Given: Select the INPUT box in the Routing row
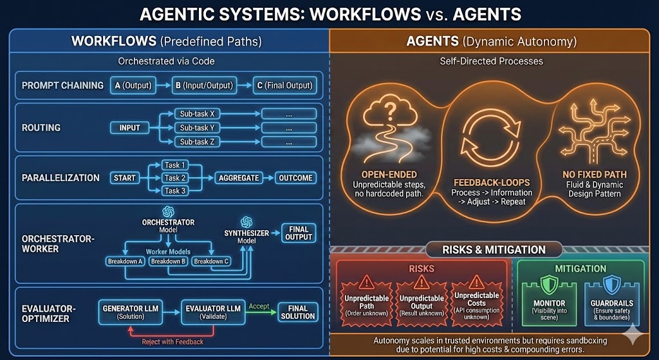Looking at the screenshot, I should pyautogui.click(x=129, y=128).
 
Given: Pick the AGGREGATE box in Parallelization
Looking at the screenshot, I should pyautogui.click(x=238, y=178).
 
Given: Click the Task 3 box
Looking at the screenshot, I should pyautogui.click(x=175, y=191).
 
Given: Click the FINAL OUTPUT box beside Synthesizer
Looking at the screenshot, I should pyautogui.click(x=299, y=232).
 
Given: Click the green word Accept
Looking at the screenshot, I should pyautogui.click(x=258, y=307).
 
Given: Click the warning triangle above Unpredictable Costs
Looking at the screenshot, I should pyautogui.click(x=477, y=281).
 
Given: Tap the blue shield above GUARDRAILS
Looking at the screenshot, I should pyautogui.click(x=611, y=285).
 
